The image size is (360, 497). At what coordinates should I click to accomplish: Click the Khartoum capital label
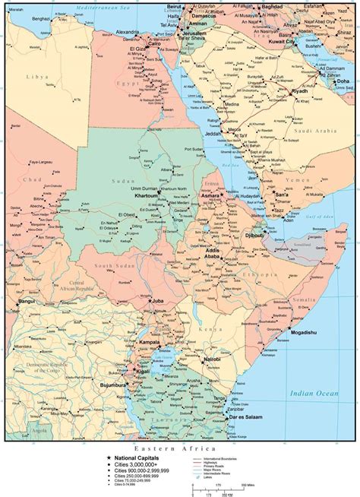pos(131,195)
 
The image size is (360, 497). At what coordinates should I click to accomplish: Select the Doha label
pos(343,81)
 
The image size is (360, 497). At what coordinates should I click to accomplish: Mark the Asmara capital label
pos(210,196)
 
